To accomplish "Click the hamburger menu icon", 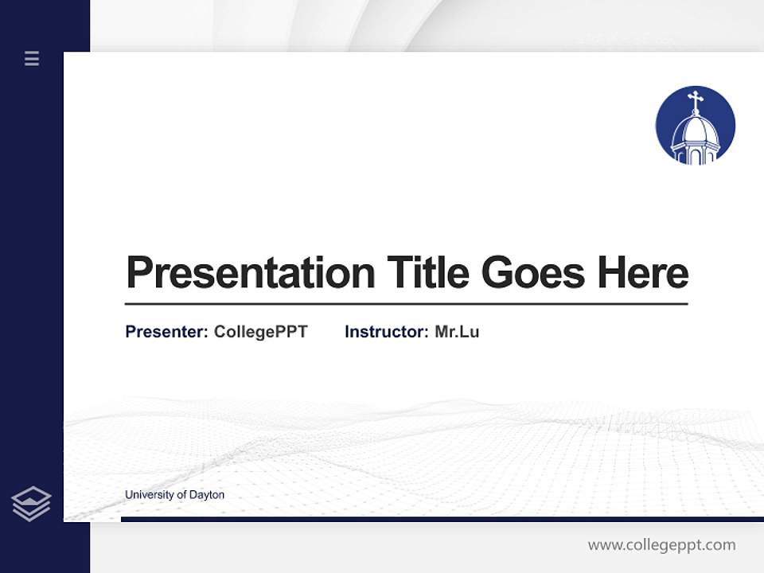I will coord(32,58).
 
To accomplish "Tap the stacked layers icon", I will coord(31,504).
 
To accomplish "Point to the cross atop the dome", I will coord(696,101).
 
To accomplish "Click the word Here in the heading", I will coord(642,273).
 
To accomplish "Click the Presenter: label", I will coord(166,332).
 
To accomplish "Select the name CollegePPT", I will coord(260,332).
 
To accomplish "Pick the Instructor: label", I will coord(386,332).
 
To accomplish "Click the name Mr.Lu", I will coord(457,332).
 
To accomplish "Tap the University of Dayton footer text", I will coord(174,495).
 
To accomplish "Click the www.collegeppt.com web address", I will coord(661,545).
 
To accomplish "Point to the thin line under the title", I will coord(406,304).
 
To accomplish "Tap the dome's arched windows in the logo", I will coord(696,155).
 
